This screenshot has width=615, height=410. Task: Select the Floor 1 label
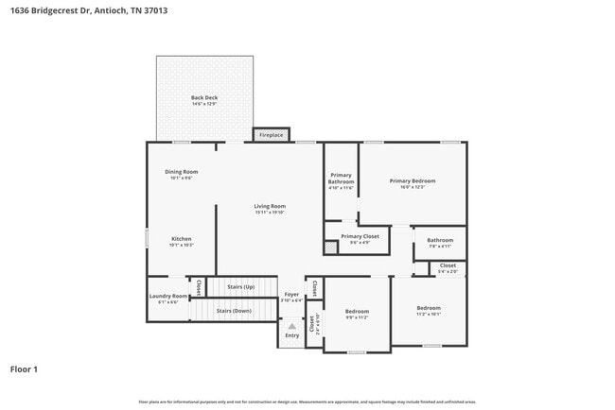(x=24, y=369)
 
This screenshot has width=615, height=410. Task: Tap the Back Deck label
(x=204, y=99)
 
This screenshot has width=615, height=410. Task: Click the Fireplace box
(x=272, y=135)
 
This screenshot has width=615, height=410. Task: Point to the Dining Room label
(x=182, y=174)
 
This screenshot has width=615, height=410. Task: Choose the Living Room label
(x=270, y=208)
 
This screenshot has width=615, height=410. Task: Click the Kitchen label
(x=182, y=241)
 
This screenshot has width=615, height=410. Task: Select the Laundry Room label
(x=168, y=299)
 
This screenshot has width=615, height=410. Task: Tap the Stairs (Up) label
(x=236, y=286)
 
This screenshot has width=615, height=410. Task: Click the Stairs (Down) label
(x=234, y=310)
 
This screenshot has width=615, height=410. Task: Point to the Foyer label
(x=292, y=297)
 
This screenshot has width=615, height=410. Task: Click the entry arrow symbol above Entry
(x=292, y=326)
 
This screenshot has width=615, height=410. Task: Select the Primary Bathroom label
(x=341, y=179)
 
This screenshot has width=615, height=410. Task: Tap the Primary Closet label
(x=360, y=238)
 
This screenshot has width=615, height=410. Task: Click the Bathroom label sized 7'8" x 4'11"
(x=440, y=243)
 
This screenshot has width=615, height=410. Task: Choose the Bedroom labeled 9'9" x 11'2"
(x=357, y=314)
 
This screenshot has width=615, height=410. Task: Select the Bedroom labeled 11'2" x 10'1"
(x=429, y=310)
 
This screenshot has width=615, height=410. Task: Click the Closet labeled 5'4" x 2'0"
(x=448, y=268)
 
